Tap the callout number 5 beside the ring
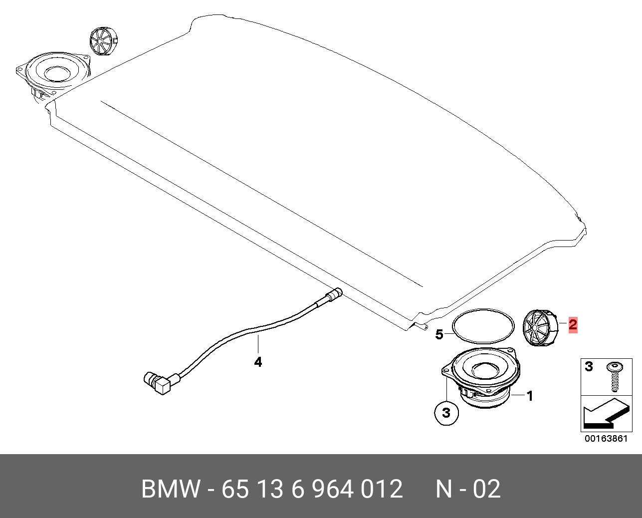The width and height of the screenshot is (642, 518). pyautogui.click(x=439, y=334)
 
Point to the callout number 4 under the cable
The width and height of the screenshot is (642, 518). pyautogui.click(x=258, y=362)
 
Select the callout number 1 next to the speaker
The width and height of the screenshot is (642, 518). pyautogui.click(x=530, y=396)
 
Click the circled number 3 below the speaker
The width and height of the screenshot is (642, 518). pyautogui.click(x=446, y=413)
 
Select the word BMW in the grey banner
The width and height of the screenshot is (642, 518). pyautogui.click(x=170, y=489)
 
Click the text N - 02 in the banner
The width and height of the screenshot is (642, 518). pyautogui.click(x=468, y=489)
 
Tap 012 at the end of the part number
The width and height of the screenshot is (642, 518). pyautogui.click(x=382, y=489)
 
